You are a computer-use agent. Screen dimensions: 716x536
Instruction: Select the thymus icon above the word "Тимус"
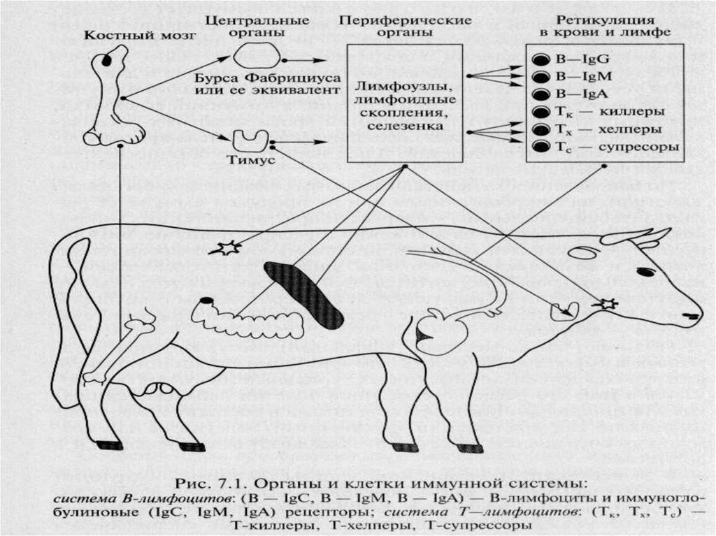click(248, 138)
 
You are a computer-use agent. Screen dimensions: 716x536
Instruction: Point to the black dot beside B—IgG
click(540, 59)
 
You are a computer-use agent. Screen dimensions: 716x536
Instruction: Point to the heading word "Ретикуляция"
click(601, 20)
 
